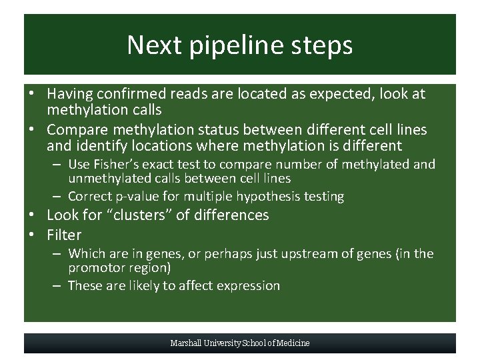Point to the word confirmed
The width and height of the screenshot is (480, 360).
pos(129,94)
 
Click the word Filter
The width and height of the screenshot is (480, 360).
pos(64,235)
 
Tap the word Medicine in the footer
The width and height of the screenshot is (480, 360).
pos(293,343)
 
